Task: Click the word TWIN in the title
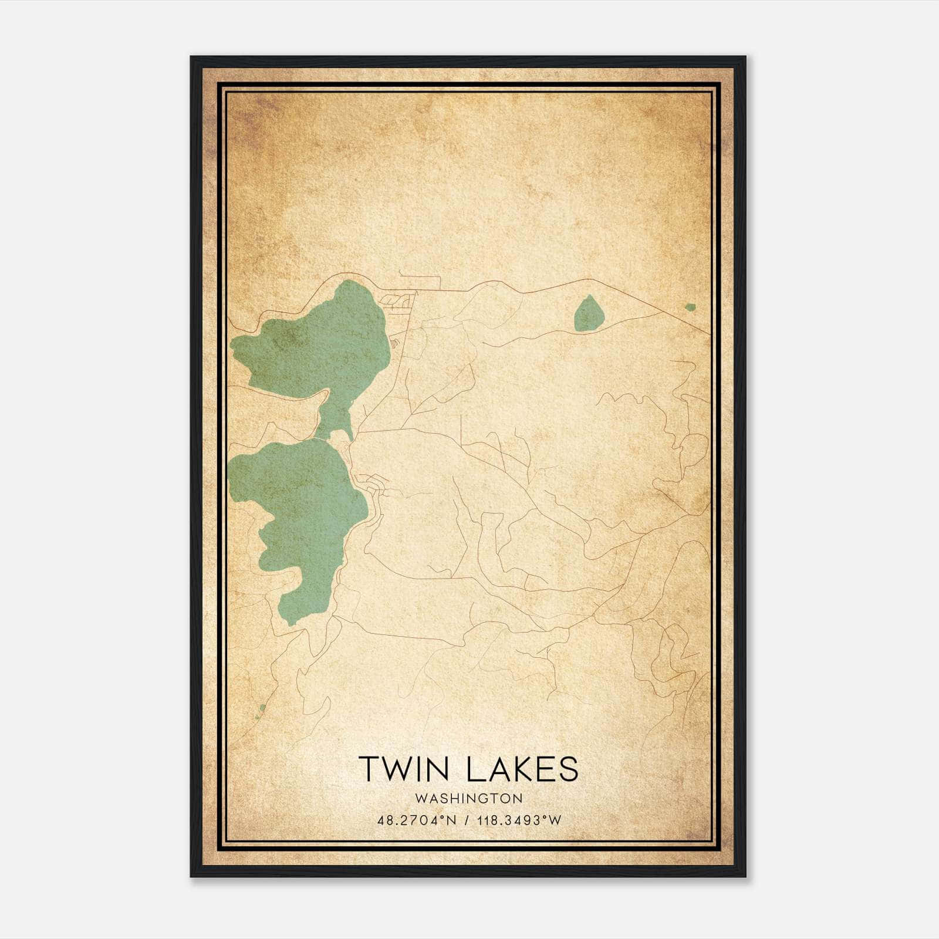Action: point(405,769)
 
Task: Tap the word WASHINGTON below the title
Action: point(469,798)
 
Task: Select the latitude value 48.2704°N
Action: point(417,820)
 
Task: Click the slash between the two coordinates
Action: point(467,820)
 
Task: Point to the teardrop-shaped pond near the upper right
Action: point(589,314)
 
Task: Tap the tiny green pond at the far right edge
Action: point(690,307)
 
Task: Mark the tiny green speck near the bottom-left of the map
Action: point(262,708)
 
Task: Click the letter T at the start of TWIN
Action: point(369,769)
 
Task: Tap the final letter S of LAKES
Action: point(568,769)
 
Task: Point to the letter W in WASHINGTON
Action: point(420,798)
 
